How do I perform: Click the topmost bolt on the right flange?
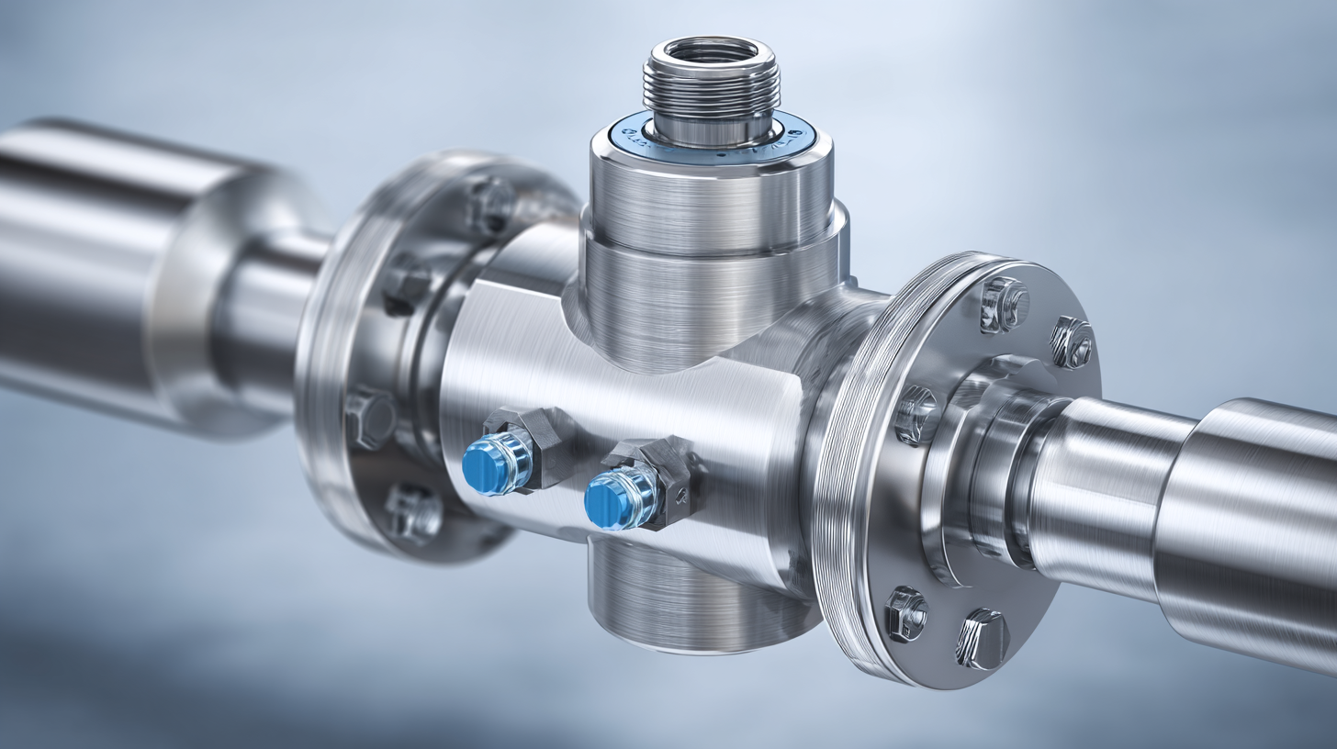[1003, 303]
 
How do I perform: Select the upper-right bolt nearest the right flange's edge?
[1071, 343]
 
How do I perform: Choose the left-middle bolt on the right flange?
[916, 415]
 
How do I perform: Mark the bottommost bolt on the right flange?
[983, 638]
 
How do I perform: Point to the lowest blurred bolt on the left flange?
[411, 512]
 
